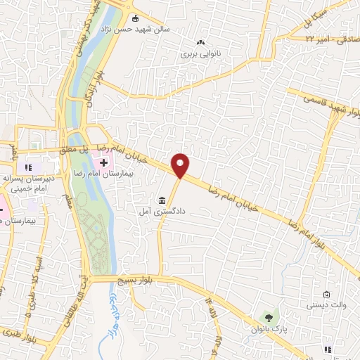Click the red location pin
tap(181, 165)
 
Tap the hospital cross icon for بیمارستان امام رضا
tap(104, 163)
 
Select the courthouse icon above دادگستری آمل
tap(162, 200)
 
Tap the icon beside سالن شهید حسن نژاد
tap(136, 19)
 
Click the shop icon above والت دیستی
tap(326, 294)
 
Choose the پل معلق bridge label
tap(72, 149)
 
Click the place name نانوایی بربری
tap(200, 53)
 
